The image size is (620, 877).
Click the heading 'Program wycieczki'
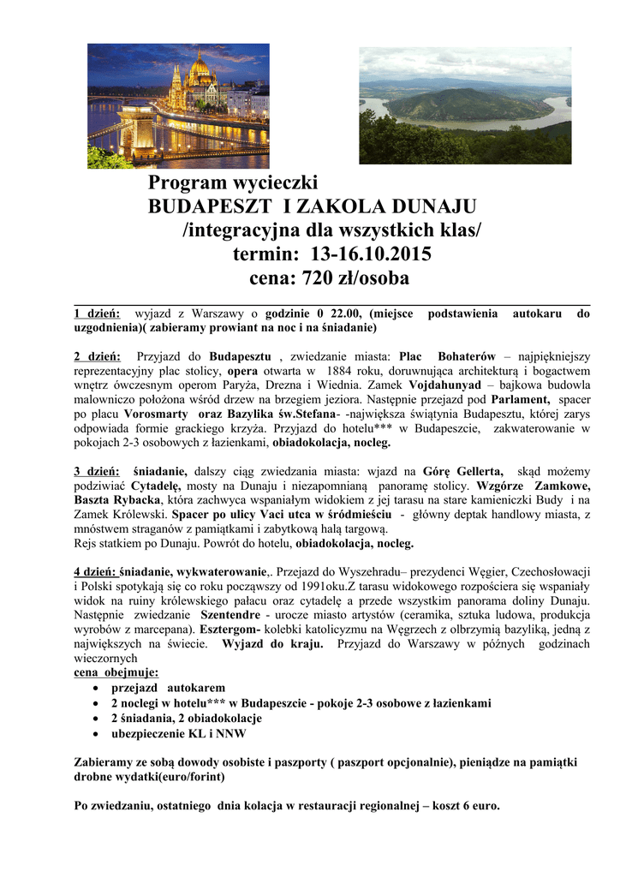pyautogui.click(x=233, y=182)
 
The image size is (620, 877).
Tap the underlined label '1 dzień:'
pyautogui.click(x=97, y=313)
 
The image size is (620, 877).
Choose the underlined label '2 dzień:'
pyautogui.click(x=98, y=355)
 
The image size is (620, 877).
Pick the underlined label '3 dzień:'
pyautogui.click(x=98, y=471)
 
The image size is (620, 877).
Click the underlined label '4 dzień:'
pyautogui.click(x=95, y=571)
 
